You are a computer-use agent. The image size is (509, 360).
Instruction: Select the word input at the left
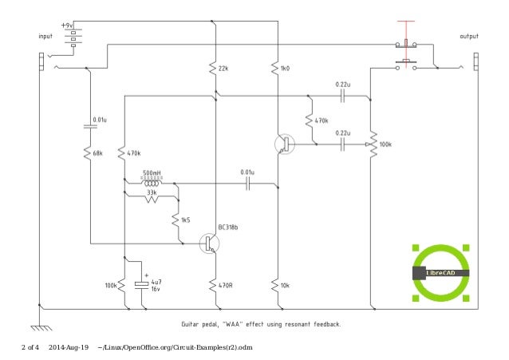point(47,37)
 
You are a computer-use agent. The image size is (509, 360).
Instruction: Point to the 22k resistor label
point(224,69)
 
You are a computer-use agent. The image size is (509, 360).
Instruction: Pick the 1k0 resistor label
point(286,69)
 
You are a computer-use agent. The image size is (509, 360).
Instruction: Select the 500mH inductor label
point(152,173)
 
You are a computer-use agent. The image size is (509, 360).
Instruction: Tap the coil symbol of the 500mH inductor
point(152,182)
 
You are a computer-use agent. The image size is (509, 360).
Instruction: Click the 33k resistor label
point(152,192)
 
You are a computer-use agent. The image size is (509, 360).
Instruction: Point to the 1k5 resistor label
point(186,219)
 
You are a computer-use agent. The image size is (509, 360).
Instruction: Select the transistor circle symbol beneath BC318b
point(210,244)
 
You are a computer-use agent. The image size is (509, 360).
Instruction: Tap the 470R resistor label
point(227,284)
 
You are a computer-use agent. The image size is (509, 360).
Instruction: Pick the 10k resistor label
point(286,284)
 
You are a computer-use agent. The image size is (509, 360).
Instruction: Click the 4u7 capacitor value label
point(156,282)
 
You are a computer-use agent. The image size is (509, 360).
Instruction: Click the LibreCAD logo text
point(441,274)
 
